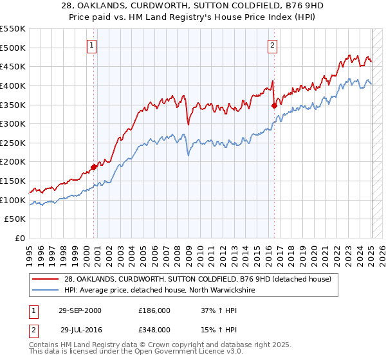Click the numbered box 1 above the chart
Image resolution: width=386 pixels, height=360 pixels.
93,46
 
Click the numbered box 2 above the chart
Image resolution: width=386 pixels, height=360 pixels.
273,46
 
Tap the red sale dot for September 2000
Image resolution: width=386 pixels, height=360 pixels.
93,167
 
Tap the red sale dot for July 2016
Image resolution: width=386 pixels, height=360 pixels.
275,105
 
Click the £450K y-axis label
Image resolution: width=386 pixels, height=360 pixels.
14,66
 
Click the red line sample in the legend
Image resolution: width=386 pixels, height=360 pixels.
46,279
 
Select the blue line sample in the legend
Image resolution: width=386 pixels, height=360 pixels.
46,291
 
